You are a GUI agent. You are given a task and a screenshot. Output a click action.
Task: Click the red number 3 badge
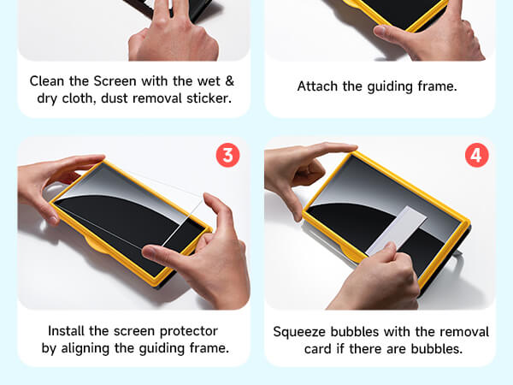tap(228, 155)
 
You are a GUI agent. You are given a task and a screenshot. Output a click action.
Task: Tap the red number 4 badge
tap(477, 155)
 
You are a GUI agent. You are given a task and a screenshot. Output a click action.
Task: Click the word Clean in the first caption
tap(47, 81)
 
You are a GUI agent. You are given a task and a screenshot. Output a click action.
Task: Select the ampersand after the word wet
tap(230, 81)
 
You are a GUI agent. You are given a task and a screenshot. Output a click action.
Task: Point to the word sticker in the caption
tap(209, 98)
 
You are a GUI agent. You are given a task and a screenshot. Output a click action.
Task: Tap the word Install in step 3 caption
tap(67, 331)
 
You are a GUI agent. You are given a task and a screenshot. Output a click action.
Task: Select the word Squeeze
tap(300, 332)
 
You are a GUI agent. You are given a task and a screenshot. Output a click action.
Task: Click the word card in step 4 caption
tap(317, 349)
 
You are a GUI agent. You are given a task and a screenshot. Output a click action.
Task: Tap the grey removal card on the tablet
tap(396, 230)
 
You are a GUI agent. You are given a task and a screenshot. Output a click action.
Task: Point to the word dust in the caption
tap(115, 98)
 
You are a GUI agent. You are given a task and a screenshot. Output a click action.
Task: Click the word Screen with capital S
tap(115, 81)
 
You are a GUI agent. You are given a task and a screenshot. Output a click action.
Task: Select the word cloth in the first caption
tap(79, 99)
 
